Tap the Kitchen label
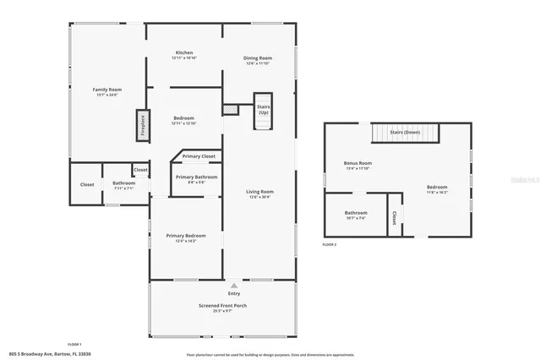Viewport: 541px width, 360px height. coord(184,53)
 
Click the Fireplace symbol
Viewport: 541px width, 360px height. coord(143,125)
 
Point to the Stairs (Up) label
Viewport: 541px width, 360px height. coord(264,110)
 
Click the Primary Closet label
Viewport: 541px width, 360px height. coord(199,156)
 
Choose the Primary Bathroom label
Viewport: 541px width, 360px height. coord(196,177)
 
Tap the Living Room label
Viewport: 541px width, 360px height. coord(260,193)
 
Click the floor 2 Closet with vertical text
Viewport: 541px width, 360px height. coord(394,218)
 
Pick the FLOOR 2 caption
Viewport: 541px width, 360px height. coord(329,244)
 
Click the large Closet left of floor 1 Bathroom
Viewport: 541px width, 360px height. coord(87,184)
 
